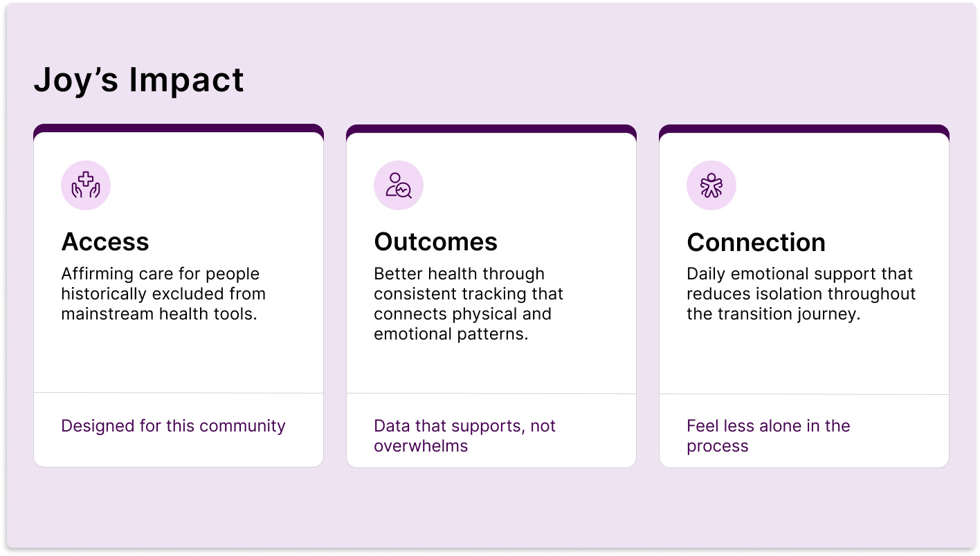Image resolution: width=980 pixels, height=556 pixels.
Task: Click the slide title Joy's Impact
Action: (138, 80)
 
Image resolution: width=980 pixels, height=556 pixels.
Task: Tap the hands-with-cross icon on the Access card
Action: (86, 185)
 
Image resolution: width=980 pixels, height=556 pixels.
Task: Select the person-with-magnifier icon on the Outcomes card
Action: (399, 185)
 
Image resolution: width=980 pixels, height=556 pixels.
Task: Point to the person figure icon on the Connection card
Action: (711, 185)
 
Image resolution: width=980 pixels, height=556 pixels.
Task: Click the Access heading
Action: (105, 242)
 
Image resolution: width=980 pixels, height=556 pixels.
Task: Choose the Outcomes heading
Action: (436, 242)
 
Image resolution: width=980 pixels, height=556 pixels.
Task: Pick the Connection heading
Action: (756, 243)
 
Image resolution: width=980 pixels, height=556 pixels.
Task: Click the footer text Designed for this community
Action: (173, 426)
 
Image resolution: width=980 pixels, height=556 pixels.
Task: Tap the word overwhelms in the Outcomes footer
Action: (421, 446)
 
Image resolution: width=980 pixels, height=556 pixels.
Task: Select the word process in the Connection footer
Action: (717, 446)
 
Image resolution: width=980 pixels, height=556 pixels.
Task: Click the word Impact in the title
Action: (186, 80)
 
